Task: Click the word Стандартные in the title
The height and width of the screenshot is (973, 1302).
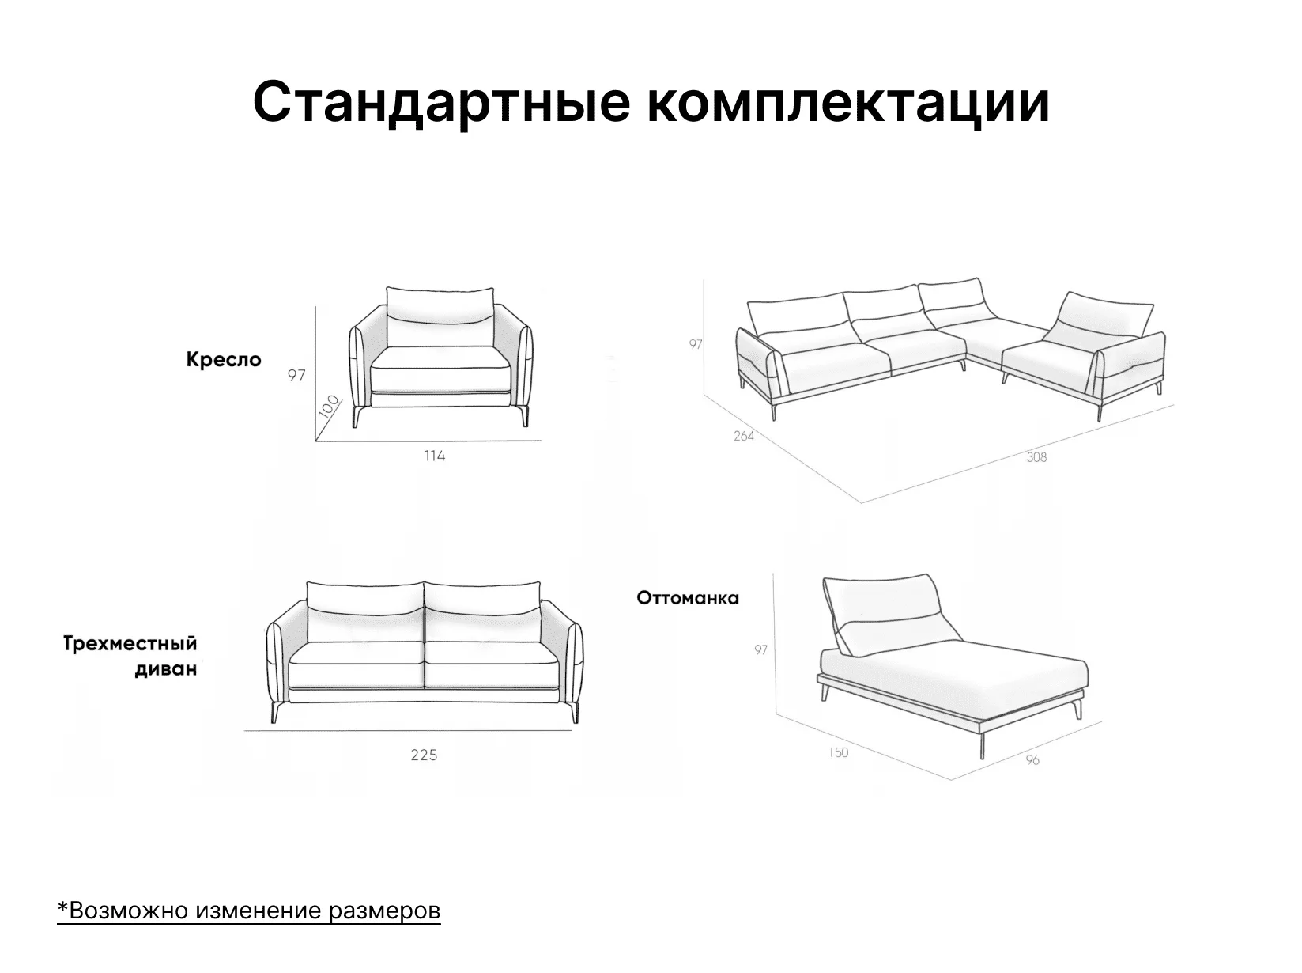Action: pos(441,103)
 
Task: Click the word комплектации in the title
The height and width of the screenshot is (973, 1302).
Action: pos(848,103)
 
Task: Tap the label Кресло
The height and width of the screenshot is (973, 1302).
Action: pos(224,359)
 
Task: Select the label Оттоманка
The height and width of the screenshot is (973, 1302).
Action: pos(688,598)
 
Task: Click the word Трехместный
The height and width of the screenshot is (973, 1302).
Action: pos(130,644)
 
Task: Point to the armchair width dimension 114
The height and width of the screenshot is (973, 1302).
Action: pos(435,456)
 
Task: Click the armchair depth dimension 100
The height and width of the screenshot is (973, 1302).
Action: pos(328,407)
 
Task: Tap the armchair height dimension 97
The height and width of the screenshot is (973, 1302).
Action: pos(296,375)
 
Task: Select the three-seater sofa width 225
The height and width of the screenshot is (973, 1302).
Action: pos(424,755)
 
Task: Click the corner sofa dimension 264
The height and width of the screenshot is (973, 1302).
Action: pos(744,436)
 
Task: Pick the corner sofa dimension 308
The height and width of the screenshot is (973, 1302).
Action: pos(1037,457)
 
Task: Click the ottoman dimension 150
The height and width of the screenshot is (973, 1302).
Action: pos(838,752)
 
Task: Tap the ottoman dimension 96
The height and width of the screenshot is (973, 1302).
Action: pos(1032,759)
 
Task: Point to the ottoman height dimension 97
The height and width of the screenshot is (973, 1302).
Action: pos(761,649)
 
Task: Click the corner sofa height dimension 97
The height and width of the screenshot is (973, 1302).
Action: pos(696,344)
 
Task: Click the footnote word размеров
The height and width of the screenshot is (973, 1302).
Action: pos(385,910)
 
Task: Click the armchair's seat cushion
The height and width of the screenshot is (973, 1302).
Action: pos(440,368)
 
